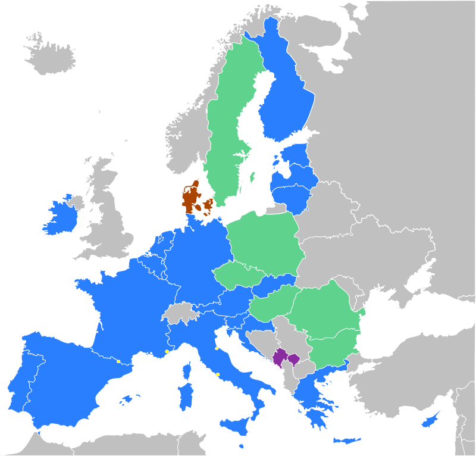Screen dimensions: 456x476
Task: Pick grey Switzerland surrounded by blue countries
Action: click(x=179, y=313)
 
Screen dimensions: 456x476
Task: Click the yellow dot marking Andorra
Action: click(x=118, y=361)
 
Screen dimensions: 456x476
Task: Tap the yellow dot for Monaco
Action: click(x=167, y=352)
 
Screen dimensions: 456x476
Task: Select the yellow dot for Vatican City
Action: click(x=218, y=374)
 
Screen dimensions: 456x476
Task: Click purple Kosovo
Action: click(x=293, y=359)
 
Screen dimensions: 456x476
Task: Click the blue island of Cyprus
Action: click(x=430, y=420)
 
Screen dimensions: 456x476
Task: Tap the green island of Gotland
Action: click(x=252, y=177)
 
